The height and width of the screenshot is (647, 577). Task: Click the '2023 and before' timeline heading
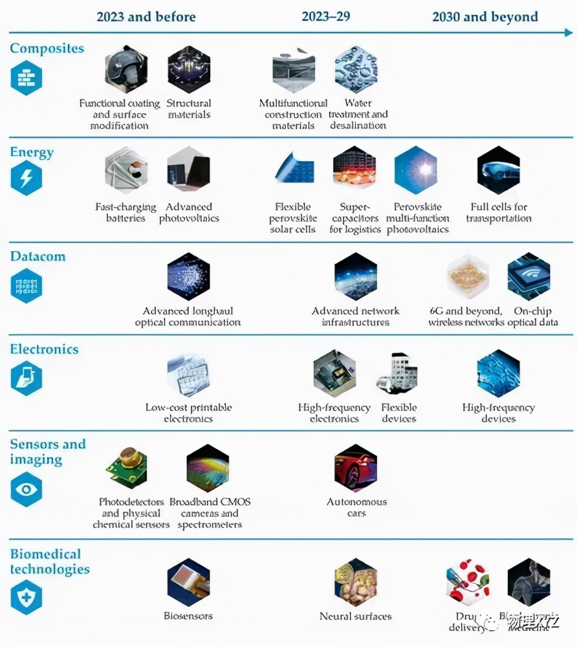(x=146, y=16)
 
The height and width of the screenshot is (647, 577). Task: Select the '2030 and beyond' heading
(x=484, y=16)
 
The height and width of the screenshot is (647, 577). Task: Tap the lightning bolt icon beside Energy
(x=27, y=178)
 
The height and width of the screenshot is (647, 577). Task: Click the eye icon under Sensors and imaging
(x=27, y=490)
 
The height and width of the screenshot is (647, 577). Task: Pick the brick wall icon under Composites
(x=27, y=77)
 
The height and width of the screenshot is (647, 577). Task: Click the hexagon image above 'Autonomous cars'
(x=356, y=468)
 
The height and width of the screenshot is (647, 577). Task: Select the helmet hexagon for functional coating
(x=126, y=69)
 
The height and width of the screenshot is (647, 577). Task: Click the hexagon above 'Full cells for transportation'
(x=499, y=171)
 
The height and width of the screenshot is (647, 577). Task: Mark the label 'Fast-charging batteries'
(x=125, y=213)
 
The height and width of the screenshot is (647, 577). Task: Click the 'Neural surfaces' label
(x=356, y=617)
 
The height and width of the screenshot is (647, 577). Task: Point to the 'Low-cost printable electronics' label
(x=188, y=413)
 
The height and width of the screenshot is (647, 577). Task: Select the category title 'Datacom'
(x=38, y=257)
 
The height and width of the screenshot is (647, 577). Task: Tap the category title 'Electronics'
(x=44, y=349)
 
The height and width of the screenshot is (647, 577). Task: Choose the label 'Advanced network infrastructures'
(x=356, y=316)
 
